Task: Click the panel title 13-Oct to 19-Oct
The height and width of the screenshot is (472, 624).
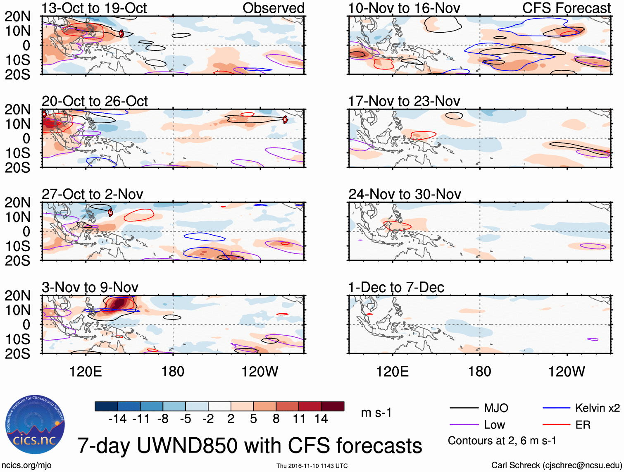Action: (94, 8)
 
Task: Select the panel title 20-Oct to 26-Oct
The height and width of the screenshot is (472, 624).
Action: (95, 101)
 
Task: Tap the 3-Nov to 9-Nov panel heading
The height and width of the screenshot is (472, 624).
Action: (90, 287)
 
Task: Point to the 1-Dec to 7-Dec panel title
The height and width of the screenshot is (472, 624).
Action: (396, 287)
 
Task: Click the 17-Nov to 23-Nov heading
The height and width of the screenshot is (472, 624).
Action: (404, 101)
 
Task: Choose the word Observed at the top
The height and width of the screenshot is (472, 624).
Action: (273, 8)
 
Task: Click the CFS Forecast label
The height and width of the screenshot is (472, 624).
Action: (567, 8)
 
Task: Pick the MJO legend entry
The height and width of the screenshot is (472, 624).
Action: (495, 408)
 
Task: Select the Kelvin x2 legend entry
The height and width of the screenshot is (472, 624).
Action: (597, 408)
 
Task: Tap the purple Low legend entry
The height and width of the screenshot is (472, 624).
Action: (494, 425)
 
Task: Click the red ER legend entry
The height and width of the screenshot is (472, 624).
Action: (583, 425)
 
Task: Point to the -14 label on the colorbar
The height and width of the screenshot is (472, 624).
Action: (117, 419)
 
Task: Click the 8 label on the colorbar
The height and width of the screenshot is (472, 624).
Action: (276, 419)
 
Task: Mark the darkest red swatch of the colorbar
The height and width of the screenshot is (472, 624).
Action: (333, 406)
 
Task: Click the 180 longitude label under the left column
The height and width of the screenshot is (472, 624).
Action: (173, 372)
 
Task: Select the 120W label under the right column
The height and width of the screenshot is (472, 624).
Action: (567, 372)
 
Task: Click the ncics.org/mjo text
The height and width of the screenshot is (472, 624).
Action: (26, 465)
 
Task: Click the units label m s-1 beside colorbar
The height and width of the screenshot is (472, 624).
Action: (376, 413)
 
